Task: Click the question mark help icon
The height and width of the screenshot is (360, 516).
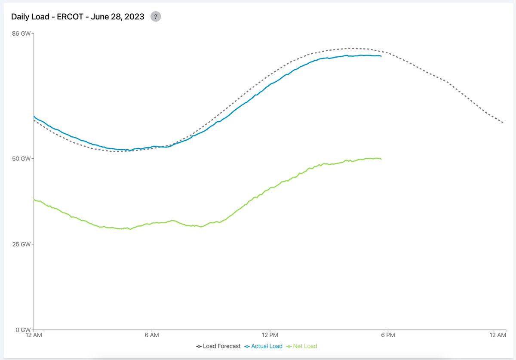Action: [x=156, y=17]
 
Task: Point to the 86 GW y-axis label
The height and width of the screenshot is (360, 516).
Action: [x=22, y=34]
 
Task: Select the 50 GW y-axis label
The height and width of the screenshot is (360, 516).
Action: [x=22, y=158]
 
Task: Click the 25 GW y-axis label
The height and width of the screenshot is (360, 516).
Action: [x=22, y=244]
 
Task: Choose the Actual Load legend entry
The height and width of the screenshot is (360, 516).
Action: [x=263, y=346]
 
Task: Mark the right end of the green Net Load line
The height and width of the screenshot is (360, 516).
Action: [x=381, y=159]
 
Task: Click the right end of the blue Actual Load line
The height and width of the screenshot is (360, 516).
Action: [x=381, y=56]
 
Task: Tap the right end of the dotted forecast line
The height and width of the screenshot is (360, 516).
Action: [x=503, y=123]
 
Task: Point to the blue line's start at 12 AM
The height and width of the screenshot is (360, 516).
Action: [x=34, y=116]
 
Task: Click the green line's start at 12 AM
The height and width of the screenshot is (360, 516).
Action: [x=34, y=200]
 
